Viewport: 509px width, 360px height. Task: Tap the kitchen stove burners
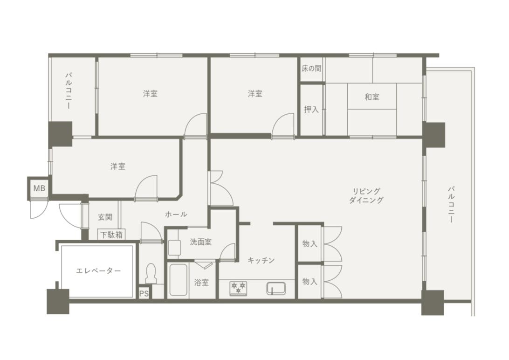tap(238, 288)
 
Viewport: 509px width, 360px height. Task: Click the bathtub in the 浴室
tap(178, 280)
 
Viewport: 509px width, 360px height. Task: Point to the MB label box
tap(39, 188)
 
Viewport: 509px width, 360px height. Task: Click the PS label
tap(144, 294)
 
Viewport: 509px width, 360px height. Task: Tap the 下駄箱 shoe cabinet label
tap(111, 235)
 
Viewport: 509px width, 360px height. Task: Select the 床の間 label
tap(311, 69)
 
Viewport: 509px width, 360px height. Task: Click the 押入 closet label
tap(311, 110)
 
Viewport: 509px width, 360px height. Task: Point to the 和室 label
tap(372, 97)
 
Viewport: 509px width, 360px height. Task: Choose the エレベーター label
tap(98, 270)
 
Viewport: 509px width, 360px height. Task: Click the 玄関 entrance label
tap(105, 217)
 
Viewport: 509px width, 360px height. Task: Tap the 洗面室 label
tap(200, 242)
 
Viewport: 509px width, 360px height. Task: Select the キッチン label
tap(261, 260)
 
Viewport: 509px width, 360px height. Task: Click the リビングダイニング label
tap(366, 195)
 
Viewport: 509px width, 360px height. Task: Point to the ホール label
tap(176, 214)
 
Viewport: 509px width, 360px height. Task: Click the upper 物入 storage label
tap(310, 243)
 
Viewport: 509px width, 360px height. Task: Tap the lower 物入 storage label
tap(310, 281)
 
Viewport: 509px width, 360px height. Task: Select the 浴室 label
tap(201, 283)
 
